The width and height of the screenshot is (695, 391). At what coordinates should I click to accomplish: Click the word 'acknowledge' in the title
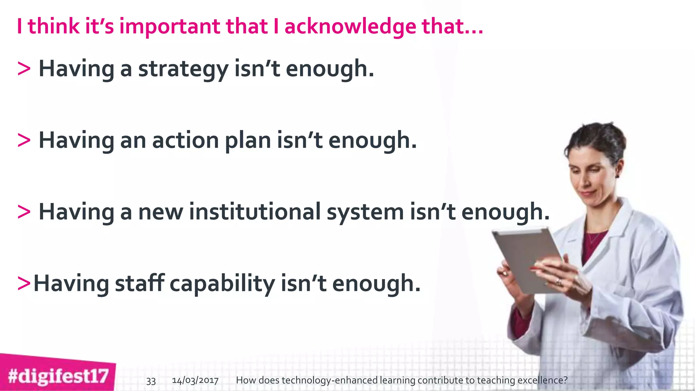point(350,26)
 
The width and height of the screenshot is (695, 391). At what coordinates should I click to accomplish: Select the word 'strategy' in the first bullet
point(183,69)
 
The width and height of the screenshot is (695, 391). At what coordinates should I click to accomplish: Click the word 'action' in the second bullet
point(186,140)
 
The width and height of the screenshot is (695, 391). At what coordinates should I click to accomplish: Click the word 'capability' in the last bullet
point(222,284)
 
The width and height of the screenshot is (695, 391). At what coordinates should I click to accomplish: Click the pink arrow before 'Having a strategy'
point(24,69)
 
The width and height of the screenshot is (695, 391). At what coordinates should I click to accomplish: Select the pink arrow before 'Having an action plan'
point(24,141)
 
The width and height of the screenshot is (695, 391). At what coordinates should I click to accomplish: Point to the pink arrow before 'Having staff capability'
point(24,284)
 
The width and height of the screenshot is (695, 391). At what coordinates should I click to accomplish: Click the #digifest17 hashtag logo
point(58,375)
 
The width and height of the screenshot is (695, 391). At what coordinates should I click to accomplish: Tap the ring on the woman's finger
point(558,281)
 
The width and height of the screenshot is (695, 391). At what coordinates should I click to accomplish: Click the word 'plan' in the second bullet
point(248,141)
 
